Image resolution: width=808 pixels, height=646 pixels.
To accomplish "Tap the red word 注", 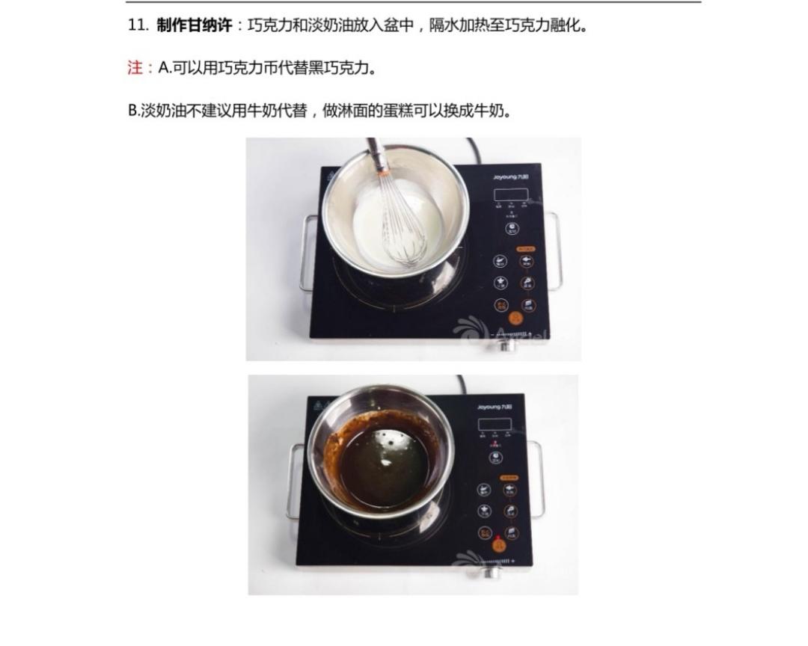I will (x=135, y=68).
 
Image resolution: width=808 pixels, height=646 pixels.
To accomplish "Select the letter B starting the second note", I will (x=132, y=111).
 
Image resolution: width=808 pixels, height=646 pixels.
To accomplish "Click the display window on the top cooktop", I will (x=511, y=194).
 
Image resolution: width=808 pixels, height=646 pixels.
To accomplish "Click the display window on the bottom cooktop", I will (x=495, y=425).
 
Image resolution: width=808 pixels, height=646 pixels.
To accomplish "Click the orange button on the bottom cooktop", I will (x=498, y=545).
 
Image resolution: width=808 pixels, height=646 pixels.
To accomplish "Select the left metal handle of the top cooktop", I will (x=306, y=254).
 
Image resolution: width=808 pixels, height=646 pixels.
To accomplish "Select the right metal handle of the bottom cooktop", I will (x=537, y=479).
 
